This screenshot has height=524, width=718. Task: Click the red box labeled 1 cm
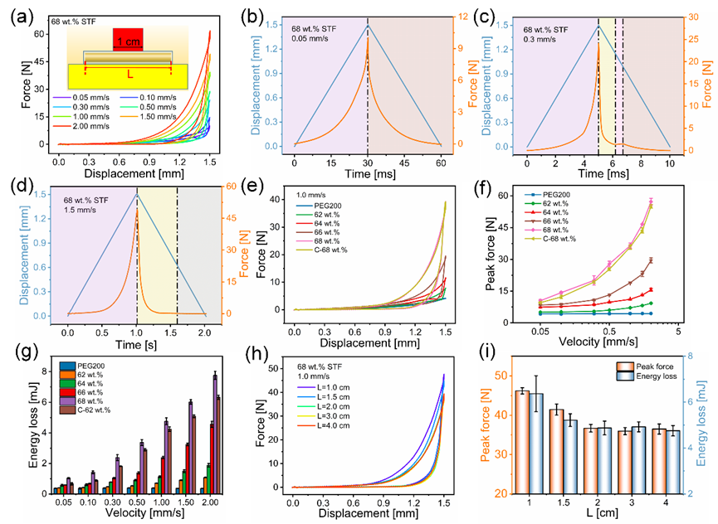click(129, 39)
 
